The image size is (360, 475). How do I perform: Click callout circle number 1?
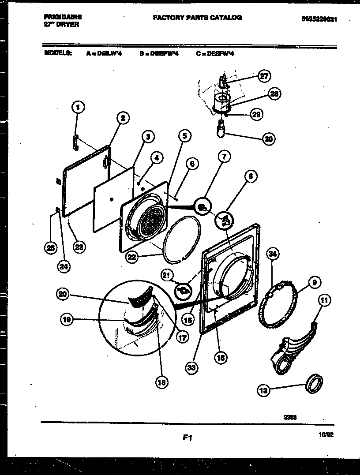[78, 106]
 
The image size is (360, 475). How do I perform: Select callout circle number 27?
[263, 76]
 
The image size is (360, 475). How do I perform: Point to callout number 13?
[263, 389]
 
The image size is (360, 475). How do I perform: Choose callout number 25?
[51, 248]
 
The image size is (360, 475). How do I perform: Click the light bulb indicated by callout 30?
[220, 131]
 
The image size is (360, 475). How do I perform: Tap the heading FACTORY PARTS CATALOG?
[197, 18]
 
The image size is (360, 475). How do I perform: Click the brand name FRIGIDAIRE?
[63, 17]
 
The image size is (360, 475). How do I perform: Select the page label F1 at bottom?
[187, 438]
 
